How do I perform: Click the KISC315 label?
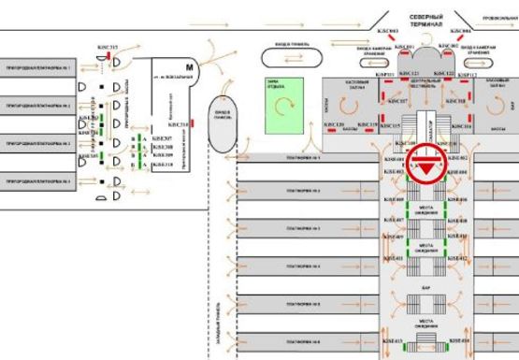[x=108, y=47]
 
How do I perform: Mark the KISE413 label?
[x=392, y=342]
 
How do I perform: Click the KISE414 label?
[x=457, y=342]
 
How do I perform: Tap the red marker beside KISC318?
[x=192, y=123]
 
